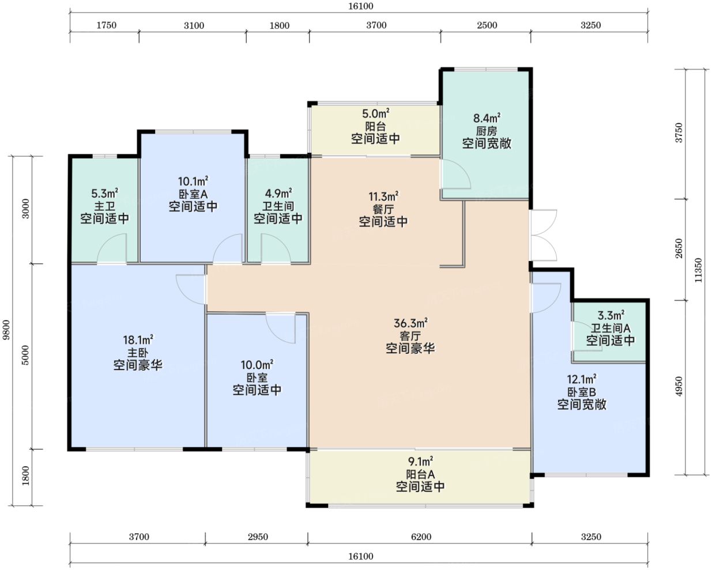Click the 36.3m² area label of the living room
[410, 323]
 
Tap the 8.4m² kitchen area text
[487, 118]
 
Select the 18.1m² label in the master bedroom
[138, 339]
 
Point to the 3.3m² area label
[611, 315]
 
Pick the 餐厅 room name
[383, 209]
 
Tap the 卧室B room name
[582, 392]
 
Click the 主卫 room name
[104, 206]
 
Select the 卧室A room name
[193, 194]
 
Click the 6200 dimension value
[421, 536]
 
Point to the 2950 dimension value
[258, 536]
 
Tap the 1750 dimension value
[106, 25]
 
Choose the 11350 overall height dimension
[698, 270]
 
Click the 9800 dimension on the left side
[6, 330]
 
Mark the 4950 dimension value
[679, 386]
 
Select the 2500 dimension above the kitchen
[487, 25]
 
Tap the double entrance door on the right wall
[544, 235]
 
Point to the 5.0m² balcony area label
[375, 114]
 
